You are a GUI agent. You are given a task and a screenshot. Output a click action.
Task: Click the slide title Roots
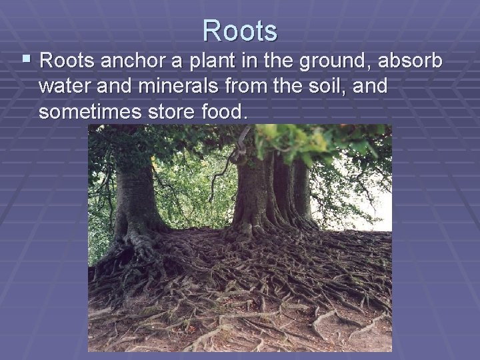coord(240,30)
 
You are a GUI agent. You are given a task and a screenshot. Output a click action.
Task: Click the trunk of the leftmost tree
coord(133,193)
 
